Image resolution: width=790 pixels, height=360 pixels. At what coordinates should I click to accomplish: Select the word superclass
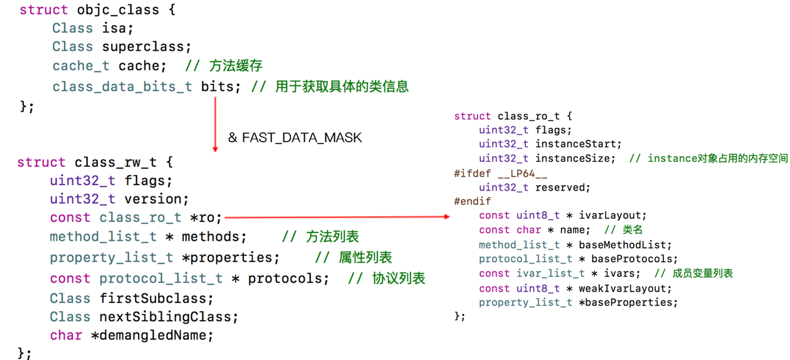point(145,47)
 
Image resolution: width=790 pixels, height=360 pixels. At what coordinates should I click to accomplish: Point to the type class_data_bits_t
point(122,86)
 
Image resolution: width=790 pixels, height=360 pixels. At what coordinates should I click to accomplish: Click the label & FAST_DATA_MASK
point(295,137)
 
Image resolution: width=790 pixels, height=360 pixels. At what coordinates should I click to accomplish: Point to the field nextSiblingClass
point(169,317)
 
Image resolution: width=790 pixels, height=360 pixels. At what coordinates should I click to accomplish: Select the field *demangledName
point(152,336)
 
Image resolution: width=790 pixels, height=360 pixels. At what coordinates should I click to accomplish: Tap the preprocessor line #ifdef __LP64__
point(492,173)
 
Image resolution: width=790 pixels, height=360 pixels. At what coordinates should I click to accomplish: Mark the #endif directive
point(473,201)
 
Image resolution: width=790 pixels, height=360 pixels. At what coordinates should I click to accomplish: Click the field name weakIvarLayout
point(625,289)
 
